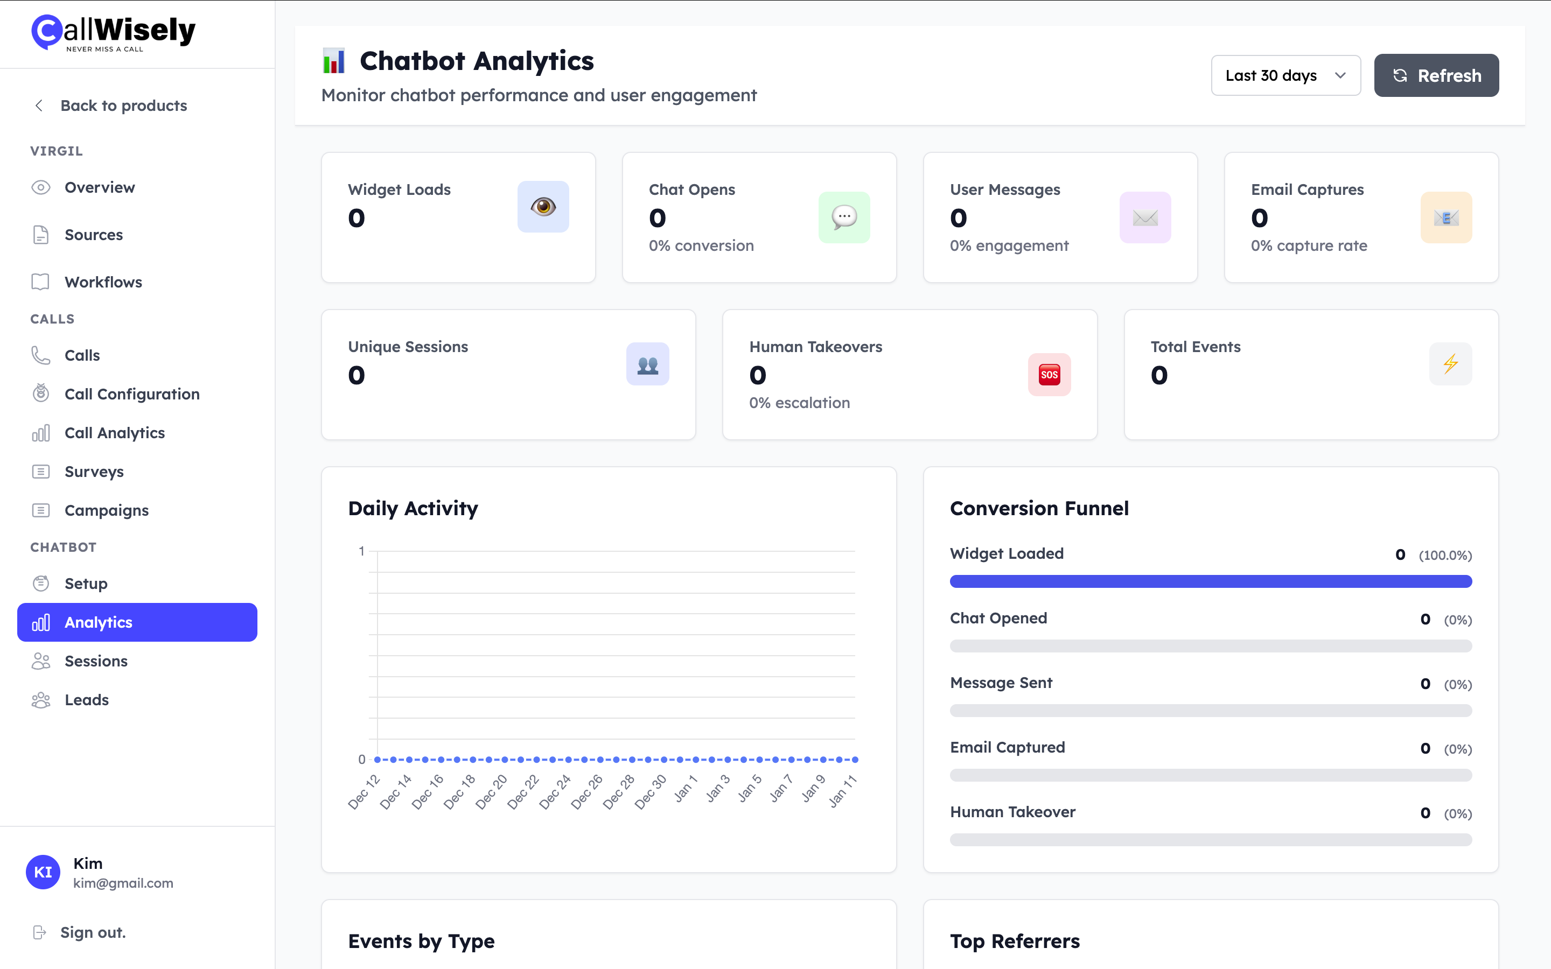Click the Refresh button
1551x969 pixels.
(1436, 75)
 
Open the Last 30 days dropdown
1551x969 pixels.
(1285, 75)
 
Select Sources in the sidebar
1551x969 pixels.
(94, 235)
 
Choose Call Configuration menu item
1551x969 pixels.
(131, 394)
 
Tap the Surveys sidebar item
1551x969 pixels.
(94, 472)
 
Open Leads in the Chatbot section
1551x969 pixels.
(87, 700)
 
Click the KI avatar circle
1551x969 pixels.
(43, 872)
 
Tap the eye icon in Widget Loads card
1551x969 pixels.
(543, 206)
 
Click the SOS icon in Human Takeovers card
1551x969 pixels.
(1049, 374)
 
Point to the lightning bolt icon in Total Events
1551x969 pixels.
(1450, 363)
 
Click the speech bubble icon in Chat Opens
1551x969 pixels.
(844, 217)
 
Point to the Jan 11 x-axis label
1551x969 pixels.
(843, 791)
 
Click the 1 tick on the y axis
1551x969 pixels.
(361, 551)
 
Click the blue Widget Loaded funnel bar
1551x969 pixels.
(1210, 581)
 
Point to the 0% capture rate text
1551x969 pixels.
(1309, 246)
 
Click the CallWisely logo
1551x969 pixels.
(114, 32)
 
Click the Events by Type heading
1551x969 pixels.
(421, 941)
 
